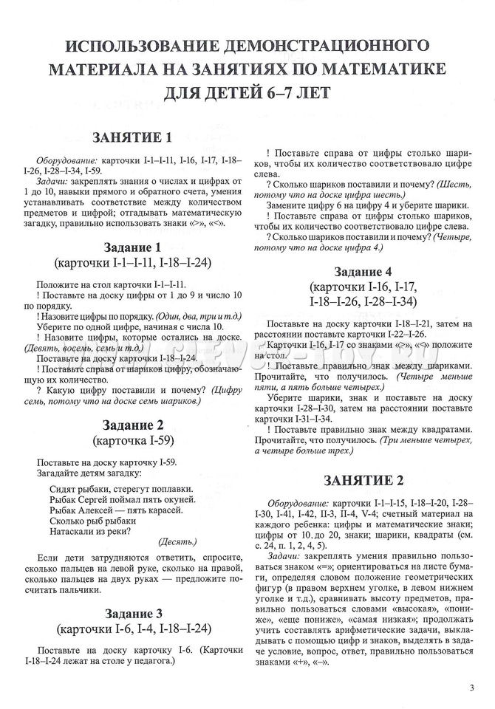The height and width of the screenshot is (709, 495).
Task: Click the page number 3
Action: [471, 688]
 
